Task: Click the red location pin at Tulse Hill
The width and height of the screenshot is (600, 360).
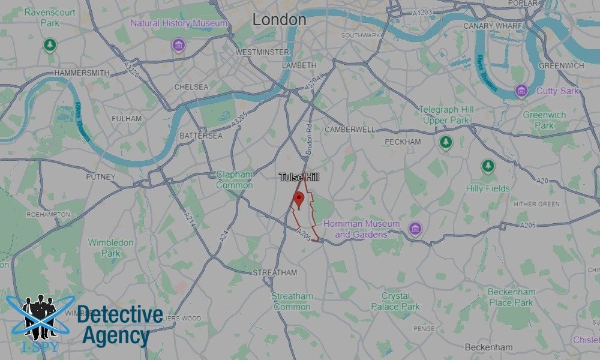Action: coord(299,200)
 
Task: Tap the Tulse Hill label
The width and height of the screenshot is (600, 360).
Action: coord(299,178)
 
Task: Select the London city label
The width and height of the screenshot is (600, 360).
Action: coord(279,20)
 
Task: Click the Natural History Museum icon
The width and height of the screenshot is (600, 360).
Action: coord(178,44)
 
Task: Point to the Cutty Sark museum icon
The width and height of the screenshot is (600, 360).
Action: coord(521,91)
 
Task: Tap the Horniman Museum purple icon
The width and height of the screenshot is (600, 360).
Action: coord(415,229)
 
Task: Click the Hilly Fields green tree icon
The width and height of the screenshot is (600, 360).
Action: coord(488,166)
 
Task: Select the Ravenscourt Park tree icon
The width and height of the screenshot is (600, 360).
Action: coord(50,44)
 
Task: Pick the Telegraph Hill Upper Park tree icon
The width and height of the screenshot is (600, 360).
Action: coord(445,142)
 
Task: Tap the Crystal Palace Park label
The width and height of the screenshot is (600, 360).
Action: coord(395,301)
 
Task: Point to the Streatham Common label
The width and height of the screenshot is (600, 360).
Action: coord(292,301)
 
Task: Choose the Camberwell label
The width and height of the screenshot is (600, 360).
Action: coord(350,130)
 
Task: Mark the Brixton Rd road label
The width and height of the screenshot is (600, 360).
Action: coord(309,141)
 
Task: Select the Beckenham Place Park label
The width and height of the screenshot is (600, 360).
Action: coord(511,297)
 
